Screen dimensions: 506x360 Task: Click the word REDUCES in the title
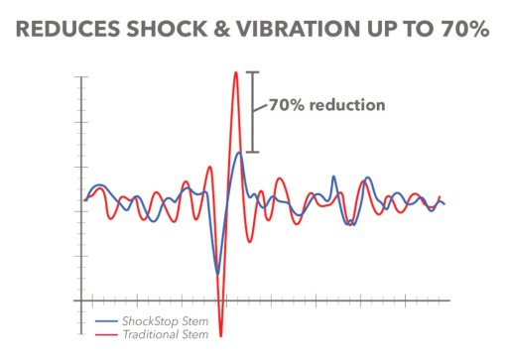point(67,29)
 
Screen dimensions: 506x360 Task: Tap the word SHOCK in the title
point(167,29)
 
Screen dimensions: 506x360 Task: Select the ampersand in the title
point(221,29)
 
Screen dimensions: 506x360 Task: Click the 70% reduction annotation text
point(327,105)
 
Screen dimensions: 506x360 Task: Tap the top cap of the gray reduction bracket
point(253,72)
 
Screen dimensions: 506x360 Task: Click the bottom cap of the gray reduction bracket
point(253,152)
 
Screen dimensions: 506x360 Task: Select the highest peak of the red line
point(236,72)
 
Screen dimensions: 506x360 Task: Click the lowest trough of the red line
point(221,336)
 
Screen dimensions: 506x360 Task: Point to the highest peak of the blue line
point(239,153)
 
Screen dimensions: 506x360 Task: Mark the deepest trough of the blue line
point(217,274)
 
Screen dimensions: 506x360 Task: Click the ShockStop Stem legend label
point(166,321)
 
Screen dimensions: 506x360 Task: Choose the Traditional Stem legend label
point(166,334)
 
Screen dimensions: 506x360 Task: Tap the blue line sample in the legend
point(106,321)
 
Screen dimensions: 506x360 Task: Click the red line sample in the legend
point(106,334)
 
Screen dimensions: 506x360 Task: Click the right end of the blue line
point(444,204)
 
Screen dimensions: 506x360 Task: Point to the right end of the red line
point(440,196)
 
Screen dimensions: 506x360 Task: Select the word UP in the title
point(381,29)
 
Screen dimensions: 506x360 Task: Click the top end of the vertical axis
point(81,77)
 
